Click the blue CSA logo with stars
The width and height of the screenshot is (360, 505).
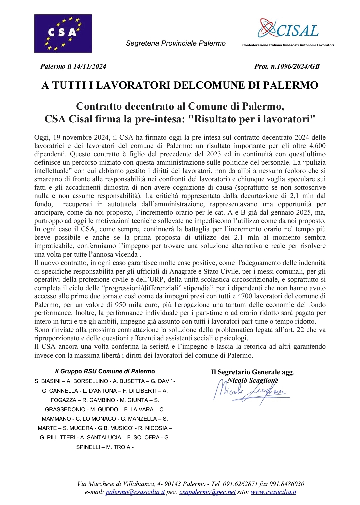63,33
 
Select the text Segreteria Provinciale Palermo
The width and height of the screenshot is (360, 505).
176,43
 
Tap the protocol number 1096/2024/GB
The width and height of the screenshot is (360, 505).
295,66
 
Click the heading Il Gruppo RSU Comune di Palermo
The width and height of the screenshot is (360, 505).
105,371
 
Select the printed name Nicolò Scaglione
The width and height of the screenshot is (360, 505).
253,380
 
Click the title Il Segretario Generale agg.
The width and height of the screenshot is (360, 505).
252,372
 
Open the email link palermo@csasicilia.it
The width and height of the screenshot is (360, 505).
135,492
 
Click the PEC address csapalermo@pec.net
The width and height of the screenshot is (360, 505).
207,492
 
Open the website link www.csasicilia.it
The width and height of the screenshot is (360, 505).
273,492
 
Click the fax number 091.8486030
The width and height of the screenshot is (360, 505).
287,484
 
